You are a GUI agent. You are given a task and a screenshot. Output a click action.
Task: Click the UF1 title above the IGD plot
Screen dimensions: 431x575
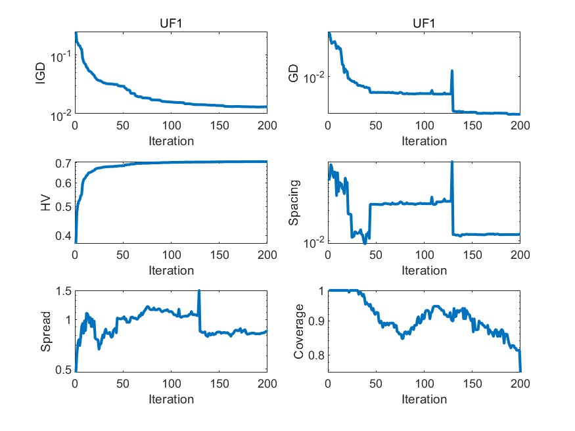pyautogui.click(x=171, y=24)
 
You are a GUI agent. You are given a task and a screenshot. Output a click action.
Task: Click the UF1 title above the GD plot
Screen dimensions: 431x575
pyautogui.click(x=424, y=24)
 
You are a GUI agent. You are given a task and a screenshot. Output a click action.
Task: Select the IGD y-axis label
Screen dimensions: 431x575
pyautogui.click(x=41, y=73)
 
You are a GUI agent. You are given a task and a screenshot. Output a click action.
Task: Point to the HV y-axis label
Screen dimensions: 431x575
pyautogui.click(x=45, y=203)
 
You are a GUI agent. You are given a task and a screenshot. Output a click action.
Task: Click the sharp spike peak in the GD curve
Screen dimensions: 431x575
pyautogui.click(x=452, y=71)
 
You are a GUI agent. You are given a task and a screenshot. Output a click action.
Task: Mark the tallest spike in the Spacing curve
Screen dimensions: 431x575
pyautogui.click(x=452, y=162)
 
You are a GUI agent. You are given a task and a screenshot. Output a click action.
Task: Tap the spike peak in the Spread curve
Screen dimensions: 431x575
pyautogui.click(x=198, y=290)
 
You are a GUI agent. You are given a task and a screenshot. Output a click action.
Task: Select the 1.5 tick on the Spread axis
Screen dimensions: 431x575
pyautogui.click(x=62, y=291)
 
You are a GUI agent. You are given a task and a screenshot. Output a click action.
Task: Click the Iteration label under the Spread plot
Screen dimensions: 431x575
pyautogui.click(x=171, y=399)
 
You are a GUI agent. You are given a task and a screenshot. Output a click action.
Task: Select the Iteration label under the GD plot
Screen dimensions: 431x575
pyautogui.click(x=424, y=141)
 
